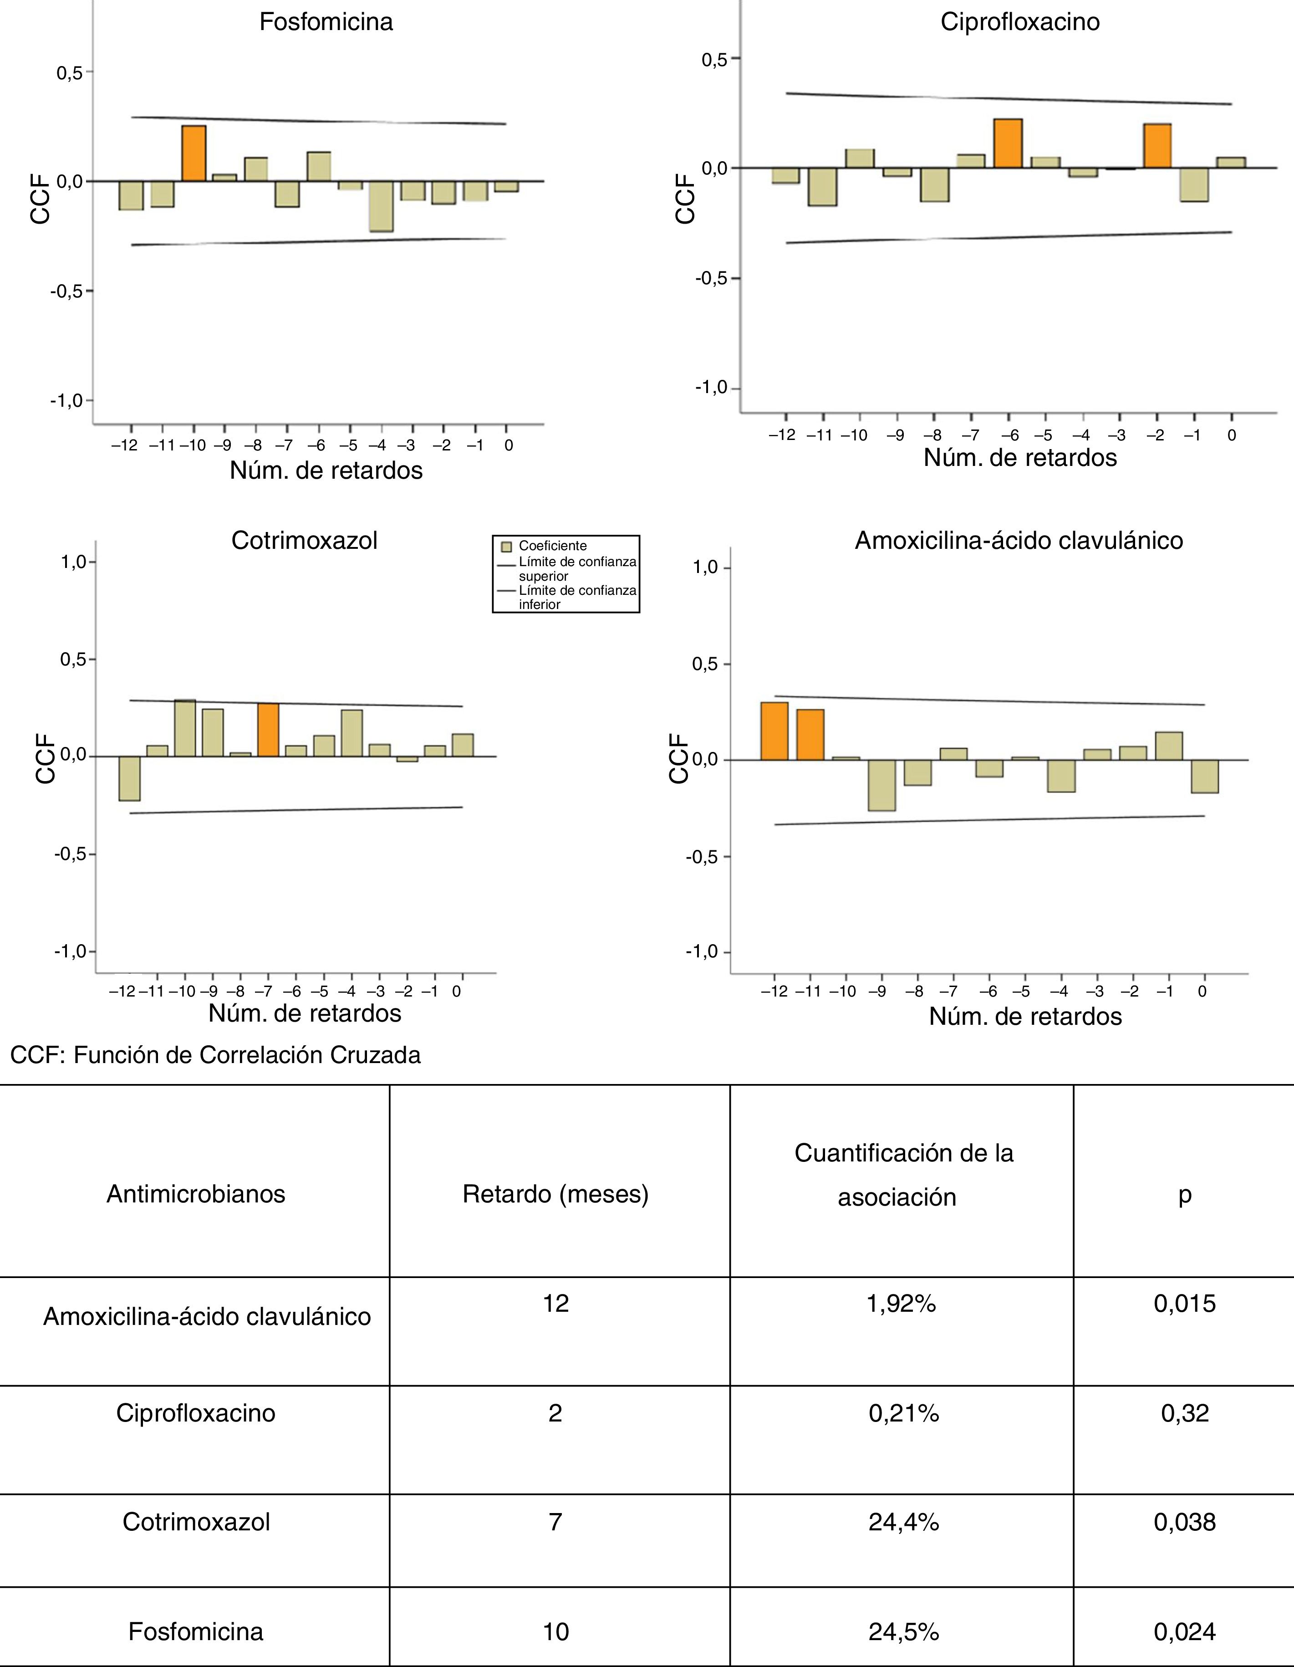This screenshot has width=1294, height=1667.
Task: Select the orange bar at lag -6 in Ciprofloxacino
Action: click(1008, 143)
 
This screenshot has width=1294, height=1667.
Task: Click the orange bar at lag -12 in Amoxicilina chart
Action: click(774, 731)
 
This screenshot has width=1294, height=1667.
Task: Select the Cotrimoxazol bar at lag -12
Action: click(130, 778)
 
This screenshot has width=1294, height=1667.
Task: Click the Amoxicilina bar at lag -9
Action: click(881, 785)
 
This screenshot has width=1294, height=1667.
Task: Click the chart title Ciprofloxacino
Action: click(1019, 21)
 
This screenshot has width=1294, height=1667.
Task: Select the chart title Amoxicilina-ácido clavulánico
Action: click(1019, 540)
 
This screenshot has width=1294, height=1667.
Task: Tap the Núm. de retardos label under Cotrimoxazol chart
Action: click(305, 1013)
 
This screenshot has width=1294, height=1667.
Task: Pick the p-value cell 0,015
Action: click(1184, 1303)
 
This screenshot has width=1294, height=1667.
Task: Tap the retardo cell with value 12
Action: click(555, 1303)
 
